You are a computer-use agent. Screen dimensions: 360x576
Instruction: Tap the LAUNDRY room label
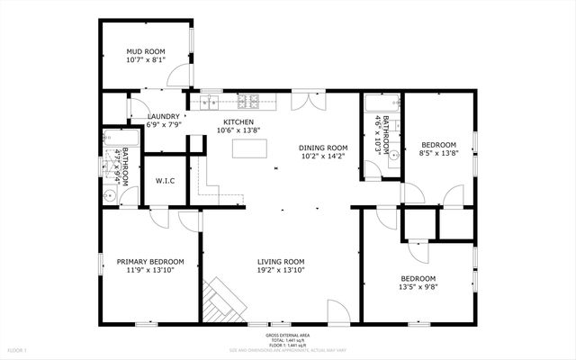pyautogui.click(x=165, y=116)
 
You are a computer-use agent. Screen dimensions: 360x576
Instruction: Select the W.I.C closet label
pyautogui.click(x=165, y=181)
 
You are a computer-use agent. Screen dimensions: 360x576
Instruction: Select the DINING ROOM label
pyautogui.click(x=323, y=148)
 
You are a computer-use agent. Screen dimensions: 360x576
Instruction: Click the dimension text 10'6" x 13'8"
pyautogui.click(x=238, y=130)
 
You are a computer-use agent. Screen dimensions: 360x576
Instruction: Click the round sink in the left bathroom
pyautogui.click(x=110, y=192)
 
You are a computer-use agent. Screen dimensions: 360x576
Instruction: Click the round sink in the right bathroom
pyautogui.click(x=393, y=155)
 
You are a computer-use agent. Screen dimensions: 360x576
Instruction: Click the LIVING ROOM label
pyautogui.click(x=281, y=262)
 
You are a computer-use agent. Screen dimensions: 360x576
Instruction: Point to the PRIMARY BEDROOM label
pyautogui.click(x=150, y=262)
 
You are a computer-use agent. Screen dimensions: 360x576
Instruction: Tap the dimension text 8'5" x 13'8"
pyautogui.click(x=439, y=154)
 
